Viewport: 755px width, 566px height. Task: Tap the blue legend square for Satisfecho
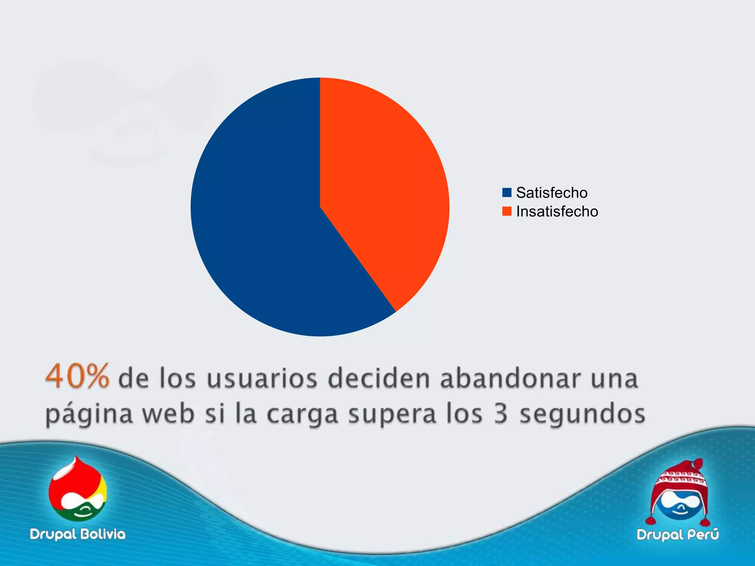[x=507, y=192]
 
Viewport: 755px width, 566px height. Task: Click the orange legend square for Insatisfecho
[x=507, y=211]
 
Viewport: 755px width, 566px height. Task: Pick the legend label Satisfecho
[x=552, y=193]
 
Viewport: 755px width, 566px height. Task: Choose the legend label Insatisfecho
[x=557, y=212]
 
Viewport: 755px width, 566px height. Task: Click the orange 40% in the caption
[x=77, y=376]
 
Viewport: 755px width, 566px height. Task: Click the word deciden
[x=379, y=378]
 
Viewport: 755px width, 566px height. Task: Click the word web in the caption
[x=169, y=413]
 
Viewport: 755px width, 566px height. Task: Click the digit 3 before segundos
[x=501, y=413]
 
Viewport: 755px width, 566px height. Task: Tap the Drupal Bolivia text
[x=78, y=534]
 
